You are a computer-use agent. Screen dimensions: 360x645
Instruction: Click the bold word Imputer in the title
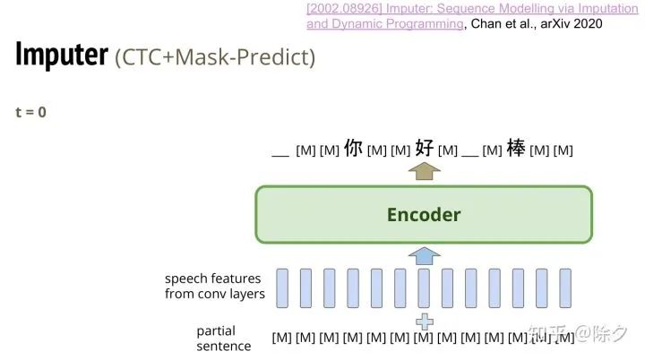62,55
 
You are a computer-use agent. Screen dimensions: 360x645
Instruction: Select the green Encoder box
424,215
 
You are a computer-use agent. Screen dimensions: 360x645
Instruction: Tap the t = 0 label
30,113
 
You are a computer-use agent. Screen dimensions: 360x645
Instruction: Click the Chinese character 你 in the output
353,148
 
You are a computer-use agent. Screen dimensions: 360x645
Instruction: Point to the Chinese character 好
424,148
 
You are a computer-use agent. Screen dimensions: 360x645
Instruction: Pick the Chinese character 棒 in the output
516,148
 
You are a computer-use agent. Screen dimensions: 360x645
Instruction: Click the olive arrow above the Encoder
424,170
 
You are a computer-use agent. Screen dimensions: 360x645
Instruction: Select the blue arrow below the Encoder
424,256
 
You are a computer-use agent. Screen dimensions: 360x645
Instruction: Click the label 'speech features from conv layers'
214,287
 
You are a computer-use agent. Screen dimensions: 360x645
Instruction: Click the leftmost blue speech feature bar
282,287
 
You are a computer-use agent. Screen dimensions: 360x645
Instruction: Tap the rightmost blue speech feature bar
564,287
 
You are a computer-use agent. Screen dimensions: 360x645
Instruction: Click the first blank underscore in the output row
279,152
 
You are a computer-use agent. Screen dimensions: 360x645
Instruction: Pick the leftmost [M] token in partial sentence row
282,339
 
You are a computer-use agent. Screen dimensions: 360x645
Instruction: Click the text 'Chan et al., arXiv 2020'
535,24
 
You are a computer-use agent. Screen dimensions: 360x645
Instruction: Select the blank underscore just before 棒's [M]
470,152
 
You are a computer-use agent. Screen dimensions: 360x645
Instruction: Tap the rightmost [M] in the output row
563,150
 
